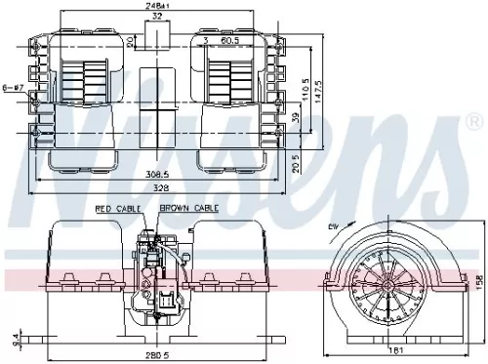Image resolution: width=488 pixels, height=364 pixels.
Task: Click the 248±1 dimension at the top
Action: [157, 6]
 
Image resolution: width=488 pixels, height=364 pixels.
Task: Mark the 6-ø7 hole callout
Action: [13, 86]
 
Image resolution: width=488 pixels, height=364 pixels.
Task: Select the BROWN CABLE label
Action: [189, 209]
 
